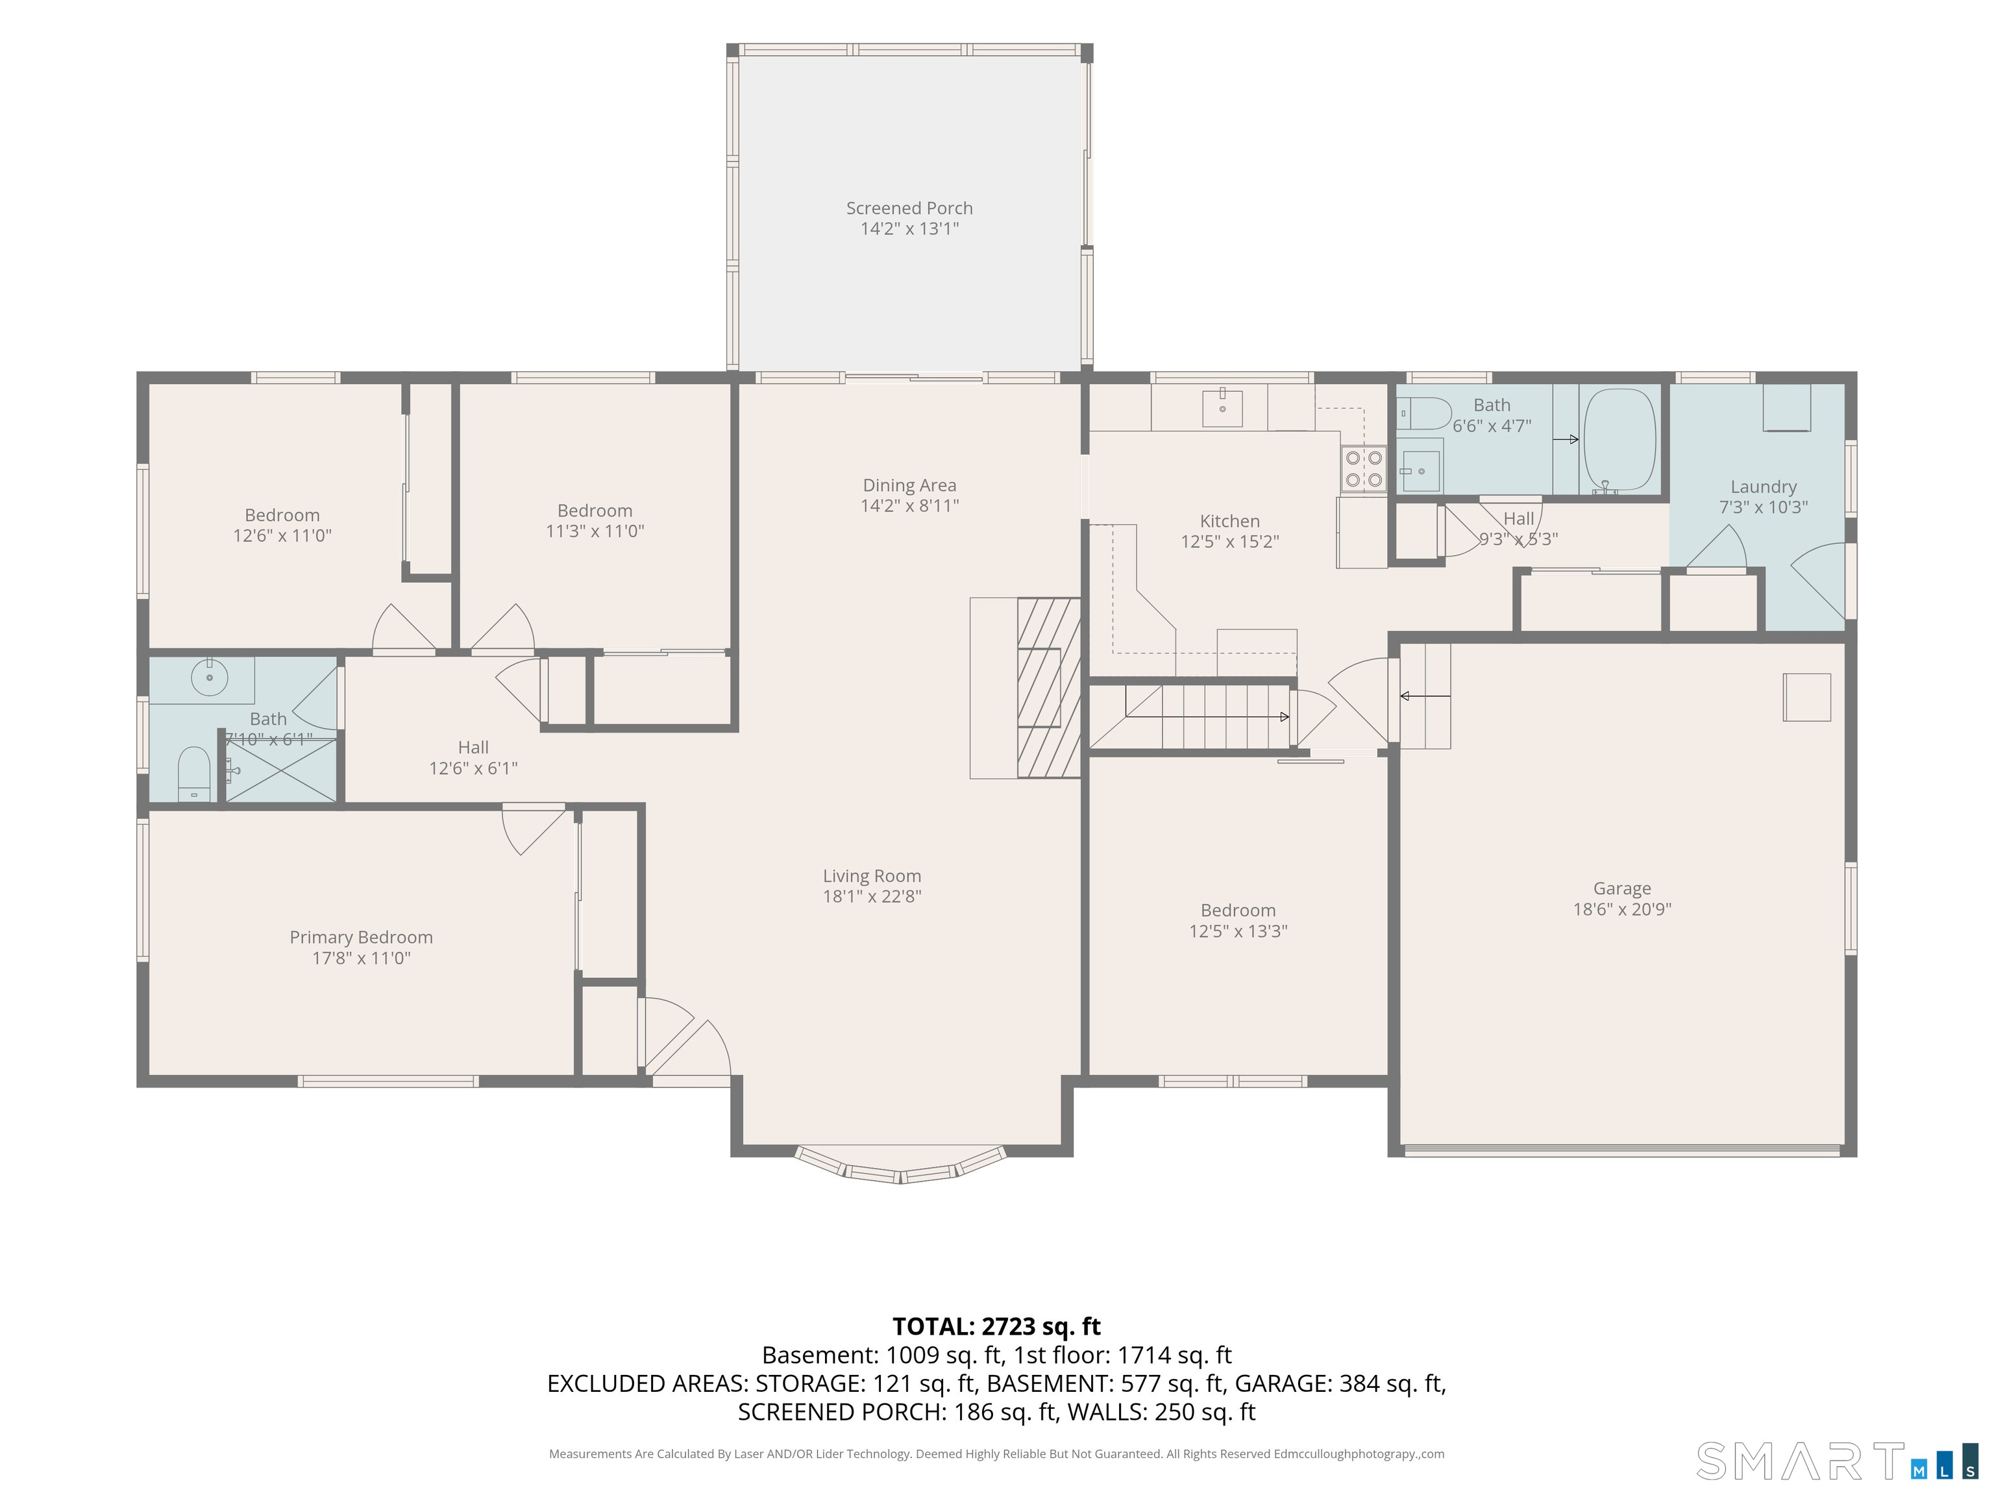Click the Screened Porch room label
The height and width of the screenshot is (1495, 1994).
[909, 208]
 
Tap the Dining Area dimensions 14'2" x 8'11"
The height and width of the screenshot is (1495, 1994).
[909, 505]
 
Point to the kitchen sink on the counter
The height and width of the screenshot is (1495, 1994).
[1222, 407]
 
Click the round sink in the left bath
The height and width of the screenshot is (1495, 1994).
[209, 677]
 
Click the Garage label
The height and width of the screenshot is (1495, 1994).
[1621, 888]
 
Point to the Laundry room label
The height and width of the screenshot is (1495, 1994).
[1763, 487]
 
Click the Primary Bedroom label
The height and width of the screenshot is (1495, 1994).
[361, 937]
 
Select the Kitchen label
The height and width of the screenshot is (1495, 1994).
[1229, 521]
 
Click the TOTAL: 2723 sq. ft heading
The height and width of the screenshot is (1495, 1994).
[996, 1326]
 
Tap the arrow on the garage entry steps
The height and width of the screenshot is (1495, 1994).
[1425, 696]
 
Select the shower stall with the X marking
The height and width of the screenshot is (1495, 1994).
[280, 770]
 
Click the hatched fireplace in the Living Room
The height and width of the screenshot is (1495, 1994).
[1048, 688]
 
